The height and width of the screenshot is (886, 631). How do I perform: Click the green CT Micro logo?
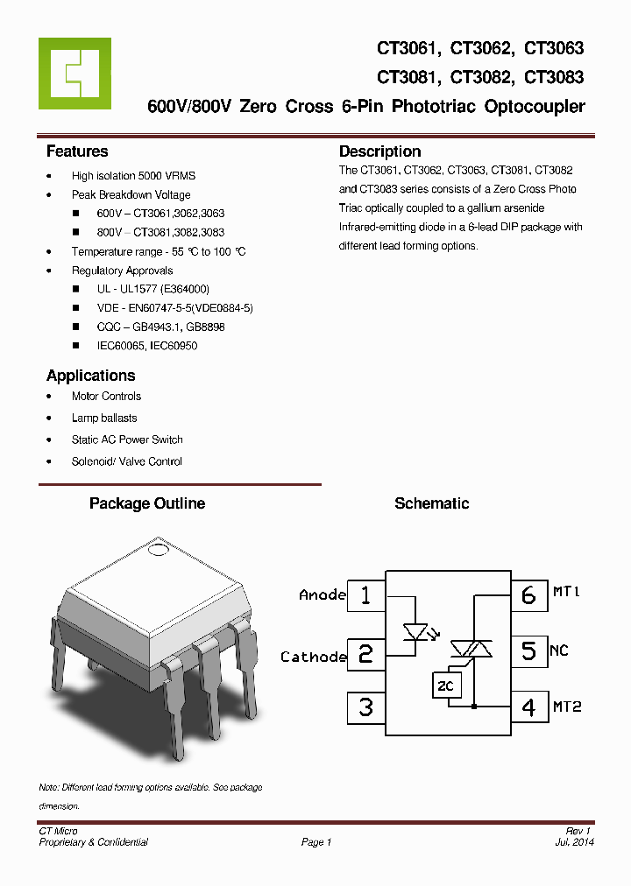tap(74, 74)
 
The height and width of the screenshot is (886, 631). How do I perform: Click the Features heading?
tap(77, 151)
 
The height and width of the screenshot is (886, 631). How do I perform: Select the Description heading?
tap(379, 151)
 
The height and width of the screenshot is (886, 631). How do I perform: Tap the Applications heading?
tap(90, 376)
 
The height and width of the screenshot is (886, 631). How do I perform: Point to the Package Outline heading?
tap(147, 503)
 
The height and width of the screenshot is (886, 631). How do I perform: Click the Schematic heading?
tap(431, 503)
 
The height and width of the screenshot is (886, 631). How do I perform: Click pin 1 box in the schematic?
tap(366, 595)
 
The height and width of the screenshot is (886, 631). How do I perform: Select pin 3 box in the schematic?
tap(366, 707)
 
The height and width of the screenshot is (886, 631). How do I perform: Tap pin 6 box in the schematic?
tap(528, 595)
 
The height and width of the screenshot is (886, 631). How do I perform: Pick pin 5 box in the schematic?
tap(528, 651)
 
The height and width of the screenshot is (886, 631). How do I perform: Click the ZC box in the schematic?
tap(445, 686)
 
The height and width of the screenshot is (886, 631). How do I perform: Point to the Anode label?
tap(323, 595)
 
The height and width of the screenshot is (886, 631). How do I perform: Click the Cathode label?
tap(314, 657)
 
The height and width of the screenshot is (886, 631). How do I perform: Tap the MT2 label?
tap(567, 707)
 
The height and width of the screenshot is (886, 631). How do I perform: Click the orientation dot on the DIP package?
tap(158, 551)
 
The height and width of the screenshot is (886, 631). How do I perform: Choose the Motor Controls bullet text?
tap(106, 397)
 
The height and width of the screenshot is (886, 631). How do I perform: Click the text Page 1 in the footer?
tap(316, 842)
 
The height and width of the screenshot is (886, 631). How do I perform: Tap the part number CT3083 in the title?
tap(554, 77)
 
